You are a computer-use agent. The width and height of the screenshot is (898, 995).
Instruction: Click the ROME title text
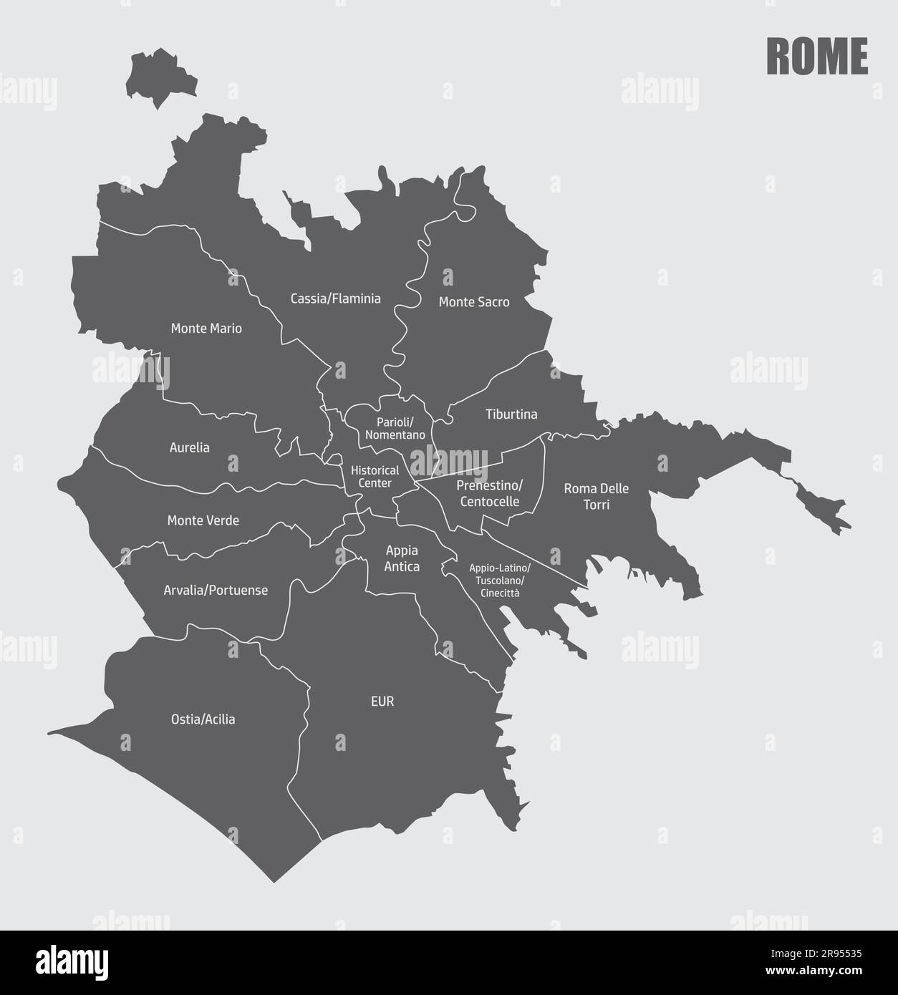(817, 57)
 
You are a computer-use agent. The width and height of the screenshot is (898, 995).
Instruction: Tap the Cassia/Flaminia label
(335, 298)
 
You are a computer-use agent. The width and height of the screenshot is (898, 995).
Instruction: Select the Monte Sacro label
(474, 302)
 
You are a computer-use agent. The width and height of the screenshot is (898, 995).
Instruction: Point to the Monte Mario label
(206, 329)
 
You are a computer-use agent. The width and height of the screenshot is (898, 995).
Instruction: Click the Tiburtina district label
(511, 414)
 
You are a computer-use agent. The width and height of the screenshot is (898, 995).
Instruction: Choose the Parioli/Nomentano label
(395, 428)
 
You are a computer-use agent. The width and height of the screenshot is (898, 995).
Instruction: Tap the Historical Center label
(375, 477)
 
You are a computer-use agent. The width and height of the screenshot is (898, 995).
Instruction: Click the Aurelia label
(190, 447)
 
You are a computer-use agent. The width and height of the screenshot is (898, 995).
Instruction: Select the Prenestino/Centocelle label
(490, 493)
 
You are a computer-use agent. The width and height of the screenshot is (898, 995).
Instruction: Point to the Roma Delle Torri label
(597, 496)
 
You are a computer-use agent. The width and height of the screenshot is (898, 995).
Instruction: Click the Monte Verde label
(203, 520)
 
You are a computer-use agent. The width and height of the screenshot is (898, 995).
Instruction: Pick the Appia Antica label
(402, 558)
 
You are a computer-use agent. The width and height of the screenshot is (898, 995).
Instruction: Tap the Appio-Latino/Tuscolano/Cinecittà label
(500, 580)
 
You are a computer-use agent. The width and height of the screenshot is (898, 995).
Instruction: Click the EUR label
(382, 702)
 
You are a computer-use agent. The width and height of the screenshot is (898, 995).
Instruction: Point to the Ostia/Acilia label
(203, 719)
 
